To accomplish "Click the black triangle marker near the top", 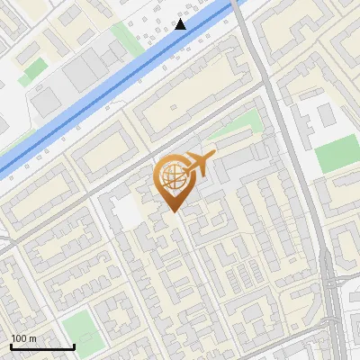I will pos(181,23).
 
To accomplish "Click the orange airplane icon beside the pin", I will pos(198,165).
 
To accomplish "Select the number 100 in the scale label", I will pos(19,338).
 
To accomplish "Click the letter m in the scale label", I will pos(32,338).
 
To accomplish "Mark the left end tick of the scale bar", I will pos(11,346).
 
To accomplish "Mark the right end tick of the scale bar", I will pos(74,346).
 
